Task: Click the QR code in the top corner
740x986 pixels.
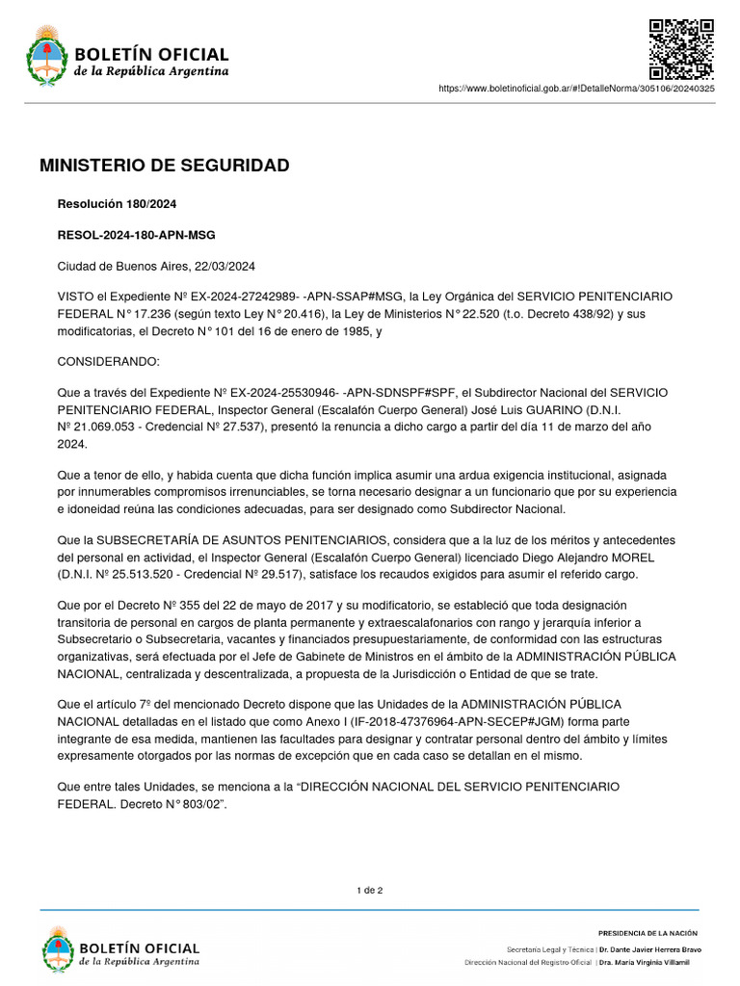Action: tap(680, 48)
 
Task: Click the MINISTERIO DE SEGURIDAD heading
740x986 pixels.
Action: tap(164, 166)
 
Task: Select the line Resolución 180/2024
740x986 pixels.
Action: tap(117, 204)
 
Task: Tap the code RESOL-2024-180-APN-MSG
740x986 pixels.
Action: tap(137, 235)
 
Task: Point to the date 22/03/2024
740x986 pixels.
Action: tap(225, 266)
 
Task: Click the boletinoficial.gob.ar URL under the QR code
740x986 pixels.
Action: tap(576, 89)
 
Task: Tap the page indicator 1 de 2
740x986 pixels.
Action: tap(370, 890)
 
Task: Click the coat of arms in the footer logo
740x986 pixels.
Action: tap(57, 947)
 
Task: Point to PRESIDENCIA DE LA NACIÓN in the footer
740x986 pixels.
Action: tap(647, 933)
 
